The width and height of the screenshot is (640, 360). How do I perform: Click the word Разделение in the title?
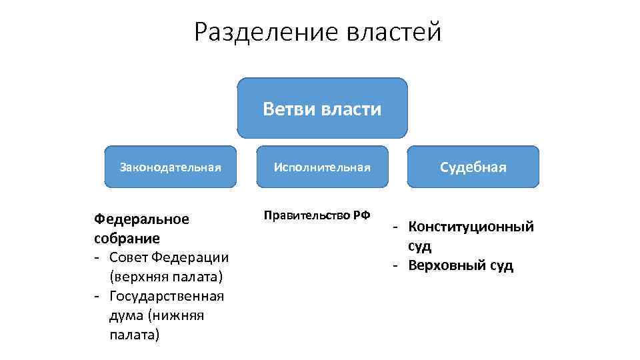coord(267,31)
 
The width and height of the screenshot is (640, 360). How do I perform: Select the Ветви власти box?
coord(322,108)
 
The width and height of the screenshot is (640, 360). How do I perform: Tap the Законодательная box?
coord(170,167)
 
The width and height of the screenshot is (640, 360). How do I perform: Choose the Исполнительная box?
coord(322,167)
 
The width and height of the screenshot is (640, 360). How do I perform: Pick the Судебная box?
coord(473,167)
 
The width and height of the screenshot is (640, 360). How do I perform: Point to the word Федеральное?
coord(141,219)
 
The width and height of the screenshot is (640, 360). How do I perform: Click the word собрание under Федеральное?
coord(127,238)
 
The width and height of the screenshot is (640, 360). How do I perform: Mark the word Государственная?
coord(167,295)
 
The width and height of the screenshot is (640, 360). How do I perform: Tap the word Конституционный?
coord(471,227)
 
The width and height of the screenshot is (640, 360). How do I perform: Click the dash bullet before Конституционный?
coord(396,227)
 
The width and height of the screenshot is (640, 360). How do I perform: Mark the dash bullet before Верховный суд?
coord(396,265)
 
